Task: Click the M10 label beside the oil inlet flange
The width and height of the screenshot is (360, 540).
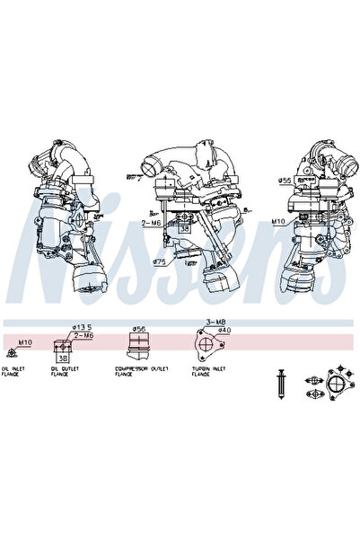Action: coord(25,341)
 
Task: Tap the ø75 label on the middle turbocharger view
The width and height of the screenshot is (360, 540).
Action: coord(159,262)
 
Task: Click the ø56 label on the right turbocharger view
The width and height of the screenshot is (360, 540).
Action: coord(284,181)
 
